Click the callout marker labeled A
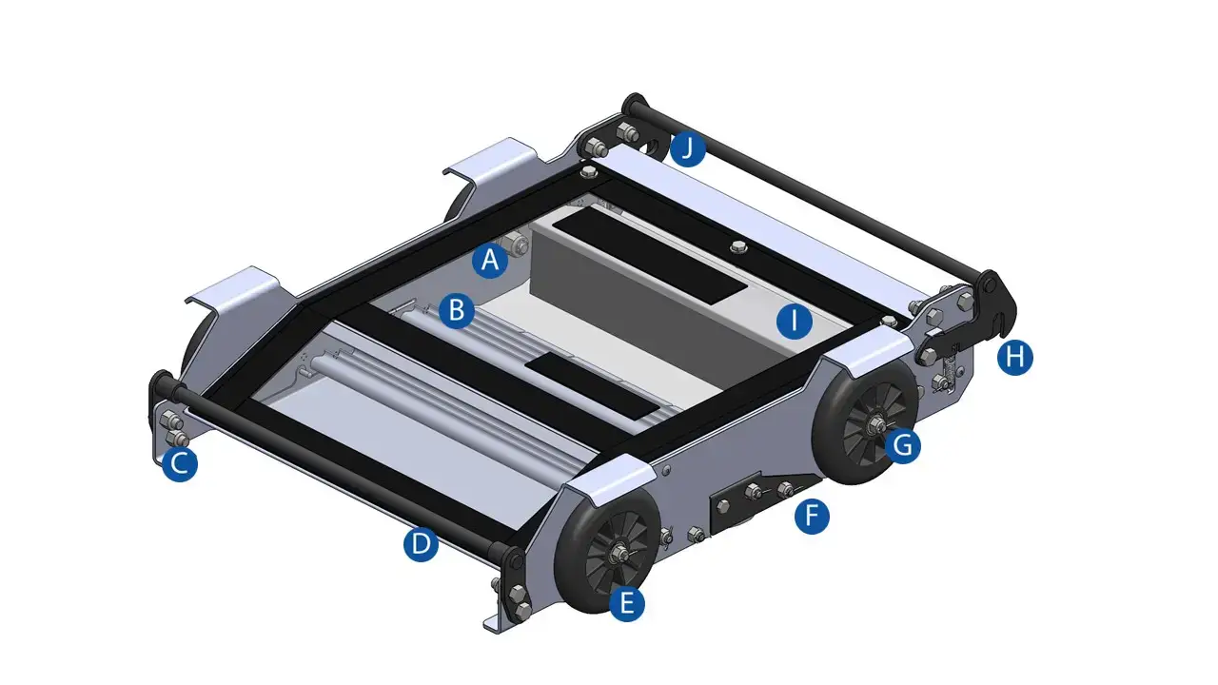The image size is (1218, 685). coord(490,261)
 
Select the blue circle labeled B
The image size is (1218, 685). coord(456,310)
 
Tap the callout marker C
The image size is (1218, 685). coord(180,463)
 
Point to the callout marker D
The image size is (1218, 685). coord(421,543)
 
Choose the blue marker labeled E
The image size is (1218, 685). coord(626,603)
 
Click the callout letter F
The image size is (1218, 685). coord(812,516)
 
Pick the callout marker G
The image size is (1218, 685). coord(903,446)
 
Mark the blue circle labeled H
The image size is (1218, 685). coord(1014,357)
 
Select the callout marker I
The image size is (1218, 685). coord(795,321)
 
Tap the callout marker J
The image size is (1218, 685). coord(687,148)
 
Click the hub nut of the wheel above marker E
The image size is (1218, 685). coord(618,554)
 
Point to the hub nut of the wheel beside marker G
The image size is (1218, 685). coord(875,423)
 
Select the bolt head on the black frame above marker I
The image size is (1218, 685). coord(738,246)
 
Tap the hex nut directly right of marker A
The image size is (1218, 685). coord(520,246)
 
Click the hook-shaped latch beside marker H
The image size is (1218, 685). coord(996,307)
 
